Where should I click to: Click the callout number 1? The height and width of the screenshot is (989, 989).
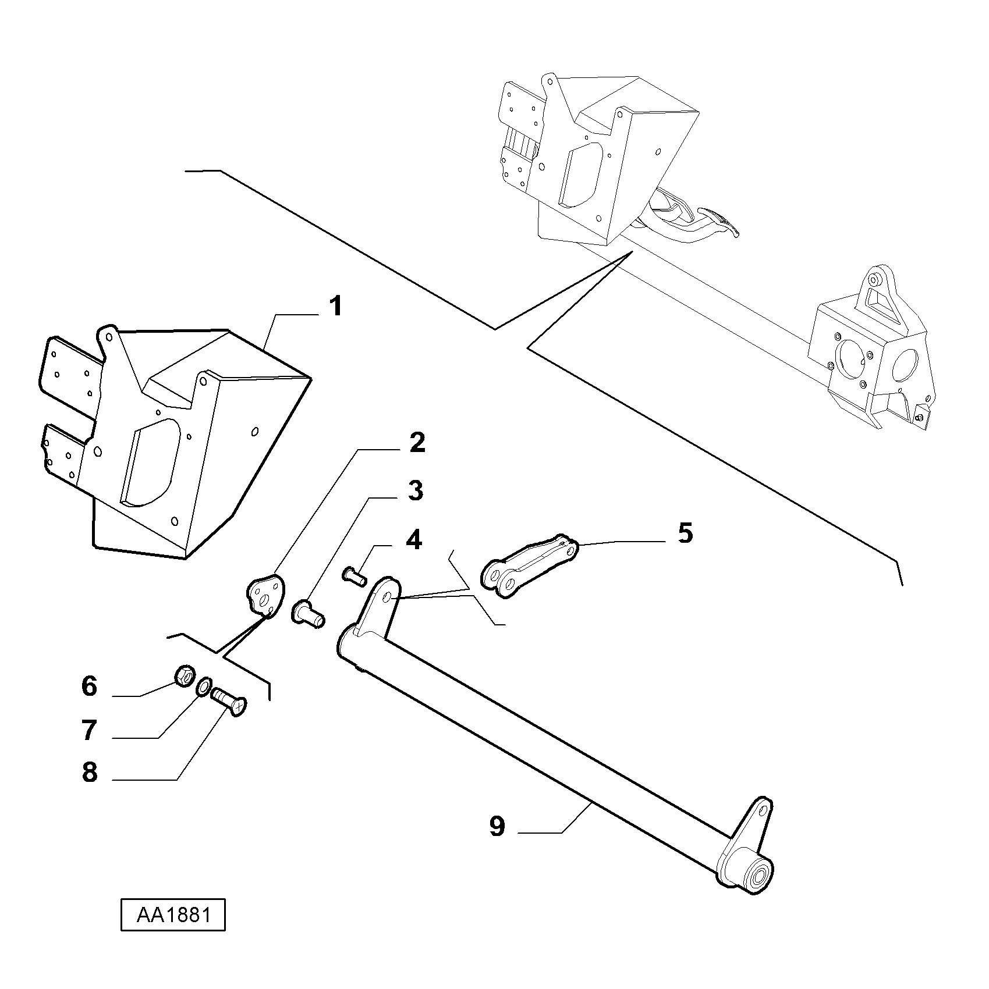point(335,307)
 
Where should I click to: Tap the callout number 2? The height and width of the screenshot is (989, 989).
point(417,443)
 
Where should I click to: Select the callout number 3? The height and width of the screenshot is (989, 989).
point(415,491)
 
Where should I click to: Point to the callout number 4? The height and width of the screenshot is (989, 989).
point(413,540)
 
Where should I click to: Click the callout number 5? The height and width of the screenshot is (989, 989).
point(685,533)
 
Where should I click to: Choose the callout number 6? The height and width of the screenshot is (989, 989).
point(89,686)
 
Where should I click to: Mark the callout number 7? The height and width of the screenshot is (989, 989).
point(89,730)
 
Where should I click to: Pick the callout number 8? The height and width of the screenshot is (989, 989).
point(89,773)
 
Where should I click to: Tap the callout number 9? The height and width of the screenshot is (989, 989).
point(497,826)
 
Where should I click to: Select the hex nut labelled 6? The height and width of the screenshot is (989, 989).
point(184,677)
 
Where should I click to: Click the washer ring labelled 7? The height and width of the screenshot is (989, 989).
point(204,686)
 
